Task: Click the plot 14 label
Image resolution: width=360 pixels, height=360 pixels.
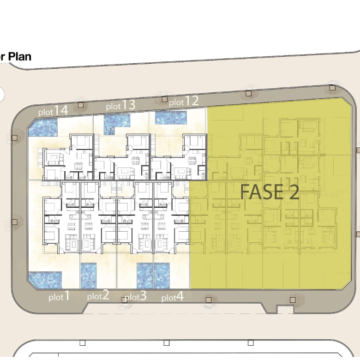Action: click(x=53, y=111)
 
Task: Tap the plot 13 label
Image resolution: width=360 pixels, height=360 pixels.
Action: click(x=120, y=105)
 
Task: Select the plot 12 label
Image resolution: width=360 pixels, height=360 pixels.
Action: click(x=184, y=101)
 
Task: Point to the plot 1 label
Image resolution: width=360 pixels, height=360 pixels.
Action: click(x=59, y=296)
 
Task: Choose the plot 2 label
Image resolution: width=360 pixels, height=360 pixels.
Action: click(x=98, y=295)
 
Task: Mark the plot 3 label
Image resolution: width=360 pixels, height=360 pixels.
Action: click(x=135, y=296)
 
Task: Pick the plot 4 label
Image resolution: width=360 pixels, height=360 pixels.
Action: click(x=173, y=297)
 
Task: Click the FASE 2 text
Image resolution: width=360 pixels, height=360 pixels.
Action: click(x=270, y=192)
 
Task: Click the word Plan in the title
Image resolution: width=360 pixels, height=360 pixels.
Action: click(x=20, y=57)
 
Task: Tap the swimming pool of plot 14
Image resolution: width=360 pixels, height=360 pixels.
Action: click(x=42, y=127)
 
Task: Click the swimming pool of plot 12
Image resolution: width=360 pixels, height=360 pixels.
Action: click(x=171, y=118)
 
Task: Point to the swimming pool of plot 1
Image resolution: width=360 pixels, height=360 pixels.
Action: click(x=45, y=280)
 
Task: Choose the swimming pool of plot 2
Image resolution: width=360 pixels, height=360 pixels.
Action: click(x=89, y=276)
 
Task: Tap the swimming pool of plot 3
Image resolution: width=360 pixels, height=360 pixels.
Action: click(x=144, y=276)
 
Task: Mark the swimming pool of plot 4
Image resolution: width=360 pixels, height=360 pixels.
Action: click(x=162, y=276)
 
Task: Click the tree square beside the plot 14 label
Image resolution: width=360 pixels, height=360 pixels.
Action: click(x=80, y=105)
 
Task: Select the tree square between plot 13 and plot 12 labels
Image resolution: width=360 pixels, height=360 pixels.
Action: click(x=164, y=99)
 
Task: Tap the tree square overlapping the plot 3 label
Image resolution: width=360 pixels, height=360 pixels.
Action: click(x=125, y=300)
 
